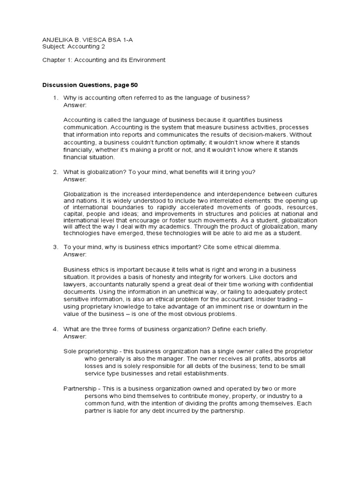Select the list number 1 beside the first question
54,97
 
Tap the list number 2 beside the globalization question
54,172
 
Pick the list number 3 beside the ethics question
54,247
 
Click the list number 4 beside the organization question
54,329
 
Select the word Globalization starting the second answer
82,194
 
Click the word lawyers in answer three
75,284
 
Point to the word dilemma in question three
268,247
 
